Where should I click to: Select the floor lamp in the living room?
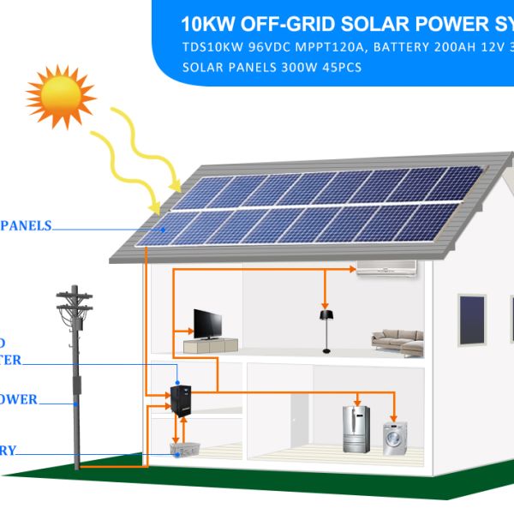click(326, 330)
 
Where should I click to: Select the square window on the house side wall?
click(471, 318)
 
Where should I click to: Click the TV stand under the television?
click(210, 345)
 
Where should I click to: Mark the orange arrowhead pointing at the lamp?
click(325, 303)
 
